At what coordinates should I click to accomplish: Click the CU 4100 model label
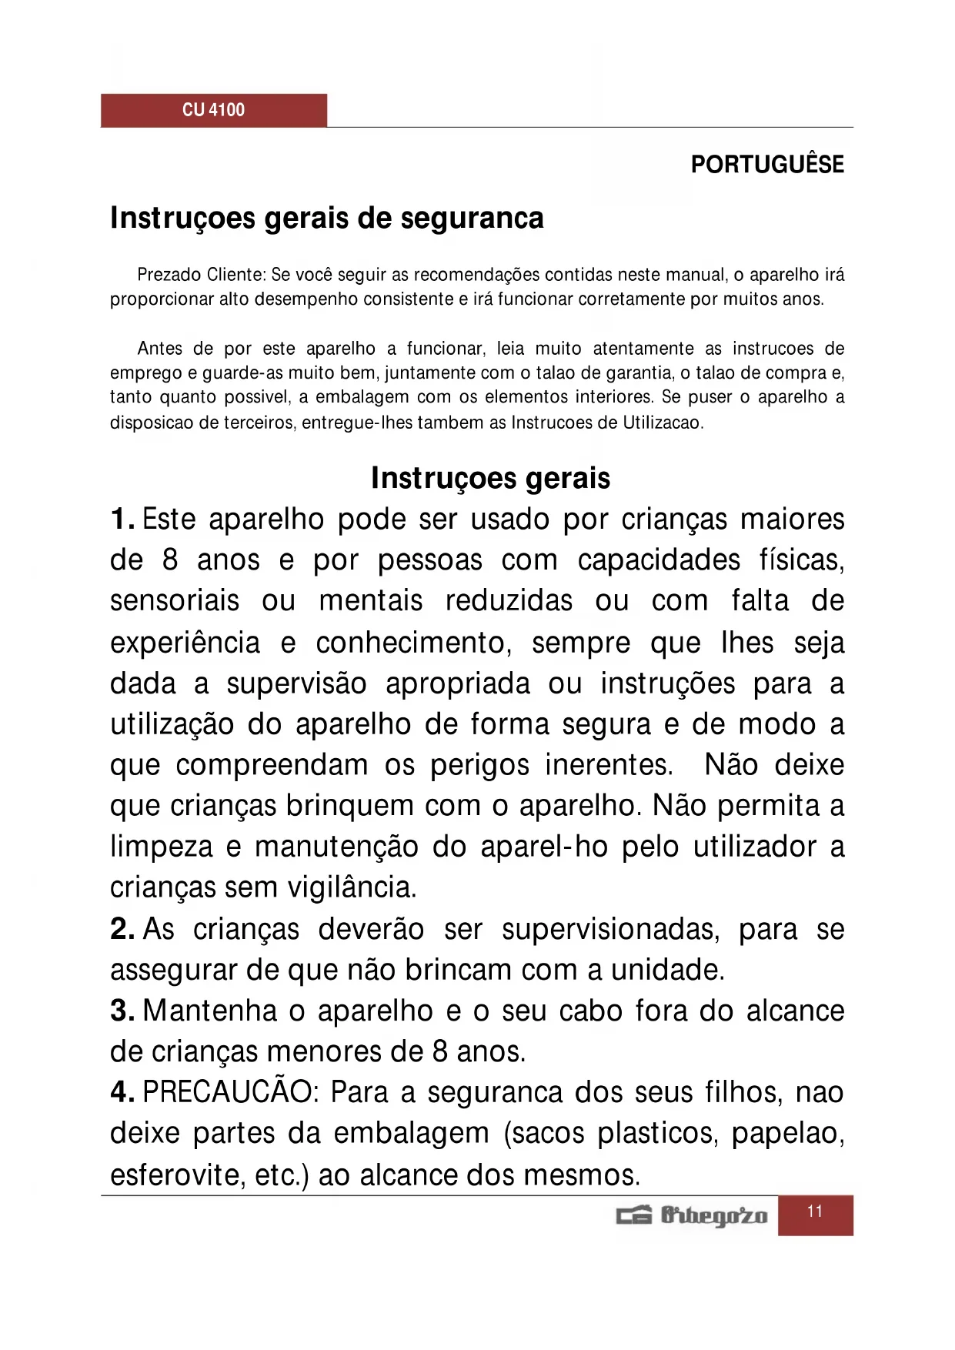[x=213, y=110]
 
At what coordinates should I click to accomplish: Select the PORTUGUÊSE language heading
[x=766, y=165]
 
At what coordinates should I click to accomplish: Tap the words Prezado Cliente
[x=202, y=275]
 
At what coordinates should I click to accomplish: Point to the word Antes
[x=159, y=349]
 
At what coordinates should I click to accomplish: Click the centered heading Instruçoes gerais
[x=490, y=478]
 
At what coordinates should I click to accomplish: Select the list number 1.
[x=122, y=520]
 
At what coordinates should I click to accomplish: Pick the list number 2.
[x=122, y=929]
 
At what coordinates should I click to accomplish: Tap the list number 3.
[x=122, y=1011]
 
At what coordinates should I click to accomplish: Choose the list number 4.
[x=122, y=1092]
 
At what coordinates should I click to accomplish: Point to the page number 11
[x=815, y=1212]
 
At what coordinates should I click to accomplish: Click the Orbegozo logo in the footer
[x=692, y=1215]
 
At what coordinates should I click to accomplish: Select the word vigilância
[x=352, y=887]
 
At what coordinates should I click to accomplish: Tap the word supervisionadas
[x=610, y=929]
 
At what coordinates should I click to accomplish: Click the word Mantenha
[x=209, y=1011]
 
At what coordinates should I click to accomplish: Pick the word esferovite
[x=174, y=1175]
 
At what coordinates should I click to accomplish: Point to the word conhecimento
[x=413, y=643]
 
